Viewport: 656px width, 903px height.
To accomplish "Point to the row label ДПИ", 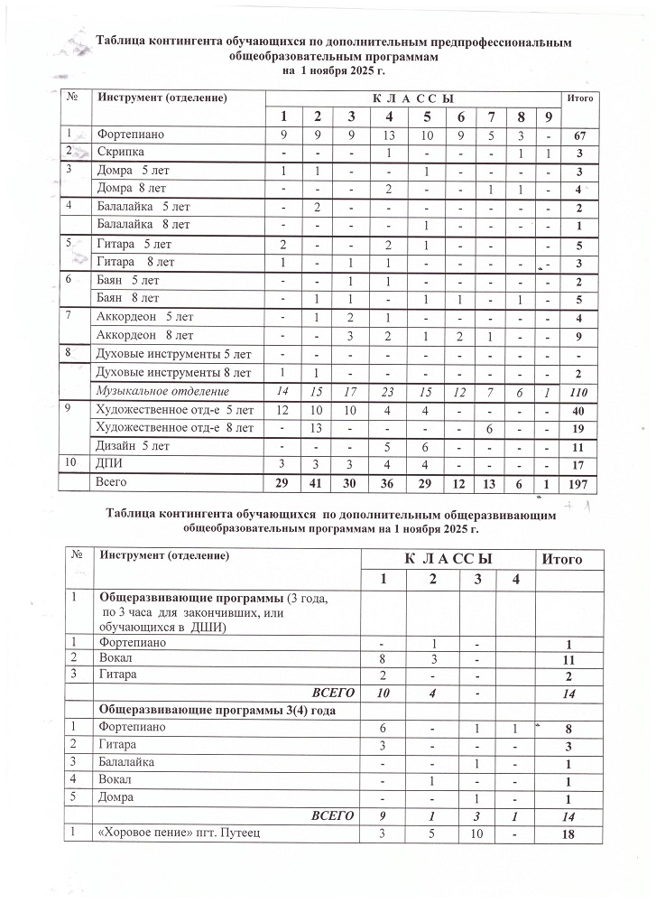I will coord(108,464).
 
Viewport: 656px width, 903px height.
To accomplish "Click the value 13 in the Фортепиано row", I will coord(388,136).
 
